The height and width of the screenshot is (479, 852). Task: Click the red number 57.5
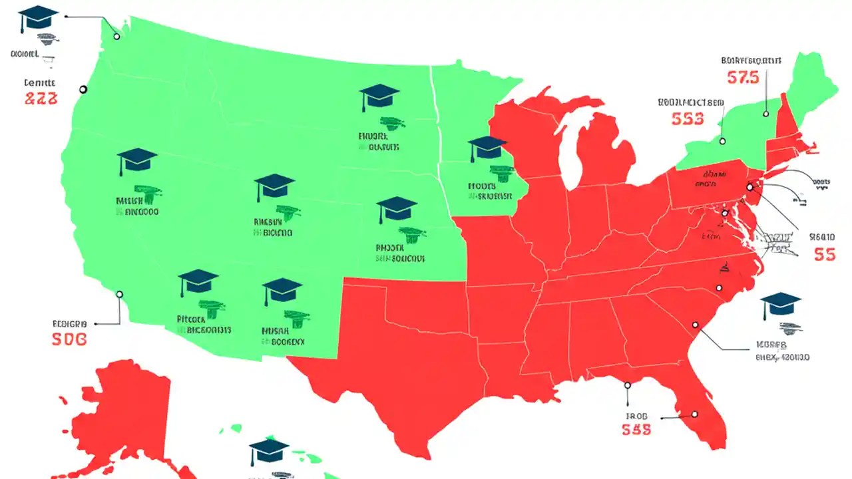point(743,78)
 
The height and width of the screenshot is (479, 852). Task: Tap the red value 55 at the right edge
point(824,255)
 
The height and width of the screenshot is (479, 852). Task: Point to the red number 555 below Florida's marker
point(636,430)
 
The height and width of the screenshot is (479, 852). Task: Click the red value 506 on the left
point(69,339)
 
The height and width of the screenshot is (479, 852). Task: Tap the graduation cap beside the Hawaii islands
point(269,450)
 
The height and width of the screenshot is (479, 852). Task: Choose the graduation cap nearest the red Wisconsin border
point(488,147)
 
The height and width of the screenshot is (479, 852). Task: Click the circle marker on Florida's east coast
point(694,414)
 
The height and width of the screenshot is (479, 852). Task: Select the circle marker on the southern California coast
point(120,294)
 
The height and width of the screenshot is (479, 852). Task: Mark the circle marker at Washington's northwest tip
point(117,37)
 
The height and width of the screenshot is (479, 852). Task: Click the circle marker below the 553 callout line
point(722,140)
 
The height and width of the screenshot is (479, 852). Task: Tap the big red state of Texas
point(399,353)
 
